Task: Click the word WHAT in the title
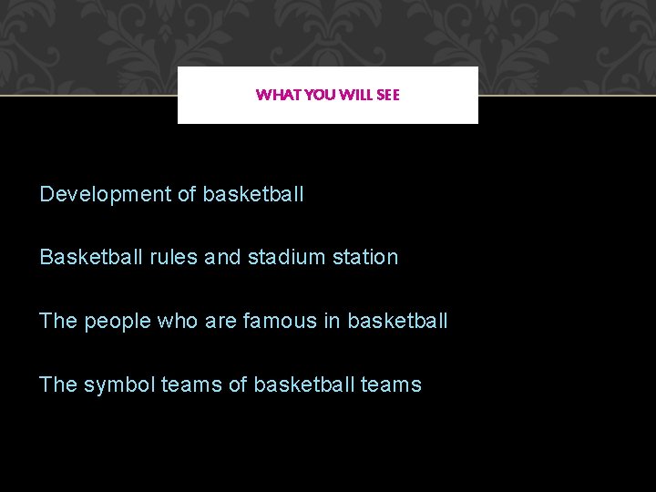click(273, 95)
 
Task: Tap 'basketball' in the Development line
click(253, 194)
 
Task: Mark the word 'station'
click(365, 257)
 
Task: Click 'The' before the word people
click(58, 321)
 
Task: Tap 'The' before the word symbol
click(58, 384)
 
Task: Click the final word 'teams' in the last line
click(391, 384)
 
